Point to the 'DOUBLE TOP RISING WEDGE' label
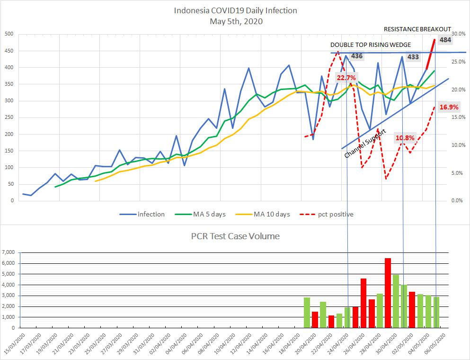(x=371, y=45)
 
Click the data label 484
(x=445, y=40)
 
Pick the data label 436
(x=357, y=56)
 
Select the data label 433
(x=413, y=57)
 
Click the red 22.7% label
(x=346, y=77)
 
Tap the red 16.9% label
(x=449, y=107)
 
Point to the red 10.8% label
(x=405, y=138)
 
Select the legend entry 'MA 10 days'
(x=272, y=214)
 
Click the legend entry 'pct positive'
(x=335, y=214)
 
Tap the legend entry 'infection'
(x=151, y=214)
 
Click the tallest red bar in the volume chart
(x=388, y=293)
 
